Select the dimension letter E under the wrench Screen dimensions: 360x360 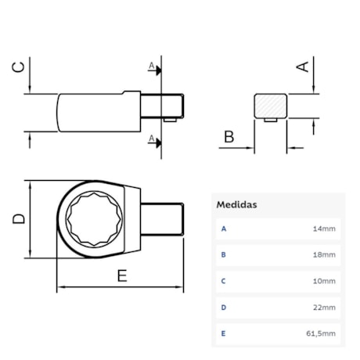(121, 275)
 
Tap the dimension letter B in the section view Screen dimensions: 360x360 (229, 138)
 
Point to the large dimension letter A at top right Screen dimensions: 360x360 (301, 67)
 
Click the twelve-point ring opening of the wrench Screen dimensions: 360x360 (92, 219)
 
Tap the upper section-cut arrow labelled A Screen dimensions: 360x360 (157, 69)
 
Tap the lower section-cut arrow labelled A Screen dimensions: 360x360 (157, 141)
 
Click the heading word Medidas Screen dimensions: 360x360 (236, 204)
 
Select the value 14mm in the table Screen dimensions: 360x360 (324, 229)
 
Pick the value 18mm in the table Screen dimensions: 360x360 (324, 255)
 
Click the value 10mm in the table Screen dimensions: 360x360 (324, 281)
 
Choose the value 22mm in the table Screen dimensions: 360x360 (324, 308)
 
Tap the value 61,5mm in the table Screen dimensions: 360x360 (321, 333)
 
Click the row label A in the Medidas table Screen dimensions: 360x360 (224, 229)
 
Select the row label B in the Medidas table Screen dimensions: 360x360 (224, 255)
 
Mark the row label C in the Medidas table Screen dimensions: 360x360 (224, 281)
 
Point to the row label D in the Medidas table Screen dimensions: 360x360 (224, 308)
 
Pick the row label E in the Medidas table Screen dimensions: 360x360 (224, 333)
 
